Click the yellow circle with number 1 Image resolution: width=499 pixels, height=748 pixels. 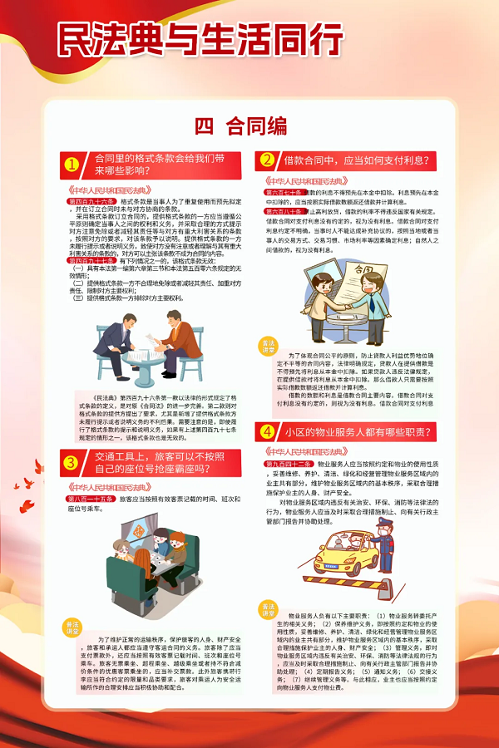72,165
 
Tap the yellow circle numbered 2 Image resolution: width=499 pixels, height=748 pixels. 268,160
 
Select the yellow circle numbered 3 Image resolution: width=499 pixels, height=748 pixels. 72,462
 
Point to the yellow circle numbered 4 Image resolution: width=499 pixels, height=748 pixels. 268,431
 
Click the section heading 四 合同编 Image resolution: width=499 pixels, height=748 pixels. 241,126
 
